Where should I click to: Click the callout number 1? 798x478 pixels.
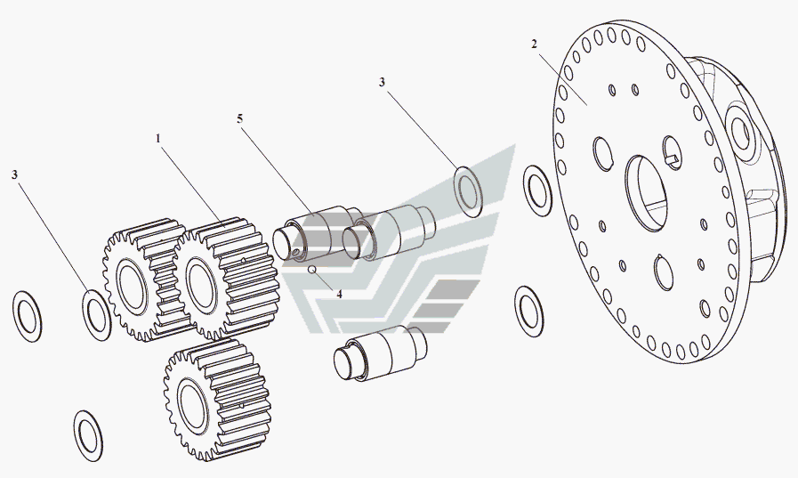pyautogui.click(x=158, y=138)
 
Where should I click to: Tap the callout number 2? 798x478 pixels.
pyautogui.click(x=534, y=45)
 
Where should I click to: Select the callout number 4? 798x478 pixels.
pyautogui.click(x=339, y=295)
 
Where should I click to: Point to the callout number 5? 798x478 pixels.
pyautogui.click(x=239, y=118)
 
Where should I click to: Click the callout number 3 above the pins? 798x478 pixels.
pyautogui.click(x=382, y=82)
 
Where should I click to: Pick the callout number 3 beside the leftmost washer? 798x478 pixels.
pyautogui.click(x=15, y=174)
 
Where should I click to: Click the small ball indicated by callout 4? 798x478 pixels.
pyautogui.click(x=313, y=270)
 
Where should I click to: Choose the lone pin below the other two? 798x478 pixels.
pyautogui.click(x=381, y=353)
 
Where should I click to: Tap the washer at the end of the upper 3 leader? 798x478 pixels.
pyautogui.click(x=468, y=190)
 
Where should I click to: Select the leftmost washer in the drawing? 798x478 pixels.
pyautogui.click(x=27, y=317)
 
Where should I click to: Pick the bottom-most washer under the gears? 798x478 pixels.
pyautogui.click(x=88, y=436)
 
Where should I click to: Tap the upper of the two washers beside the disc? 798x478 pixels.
pyautogui.click(x=537, y=190)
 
